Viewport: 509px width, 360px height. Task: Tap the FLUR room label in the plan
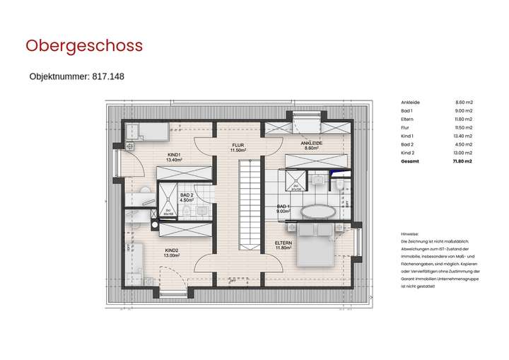238,148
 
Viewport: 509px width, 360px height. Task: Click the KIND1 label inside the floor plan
174,157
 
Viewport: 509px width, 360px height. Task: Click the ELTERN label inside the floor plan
283,245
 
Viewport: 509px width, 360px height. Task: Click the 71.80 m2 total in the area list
462,162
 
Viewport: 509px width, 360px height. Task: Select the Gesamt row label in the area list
409,162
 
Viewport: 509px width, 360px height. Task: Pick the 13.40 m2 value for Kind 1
463,136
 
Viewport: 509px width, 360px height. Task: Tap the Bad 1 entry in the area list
407,110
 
